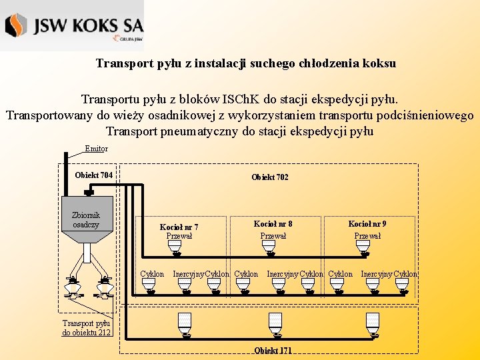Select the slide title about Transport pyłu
click(246, 64)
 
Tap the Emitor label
click(97, 149)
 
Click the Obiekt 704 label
click(93, 175)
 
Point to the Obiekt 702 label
click(270, 177)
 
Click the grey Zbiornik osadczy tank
click(87, 219)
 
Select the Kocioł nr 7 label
click(179, 227)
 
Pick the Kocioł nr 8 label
click(273, 224)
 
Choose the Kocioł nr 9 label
click(367, 224)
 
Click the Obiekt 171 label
click(273, 351)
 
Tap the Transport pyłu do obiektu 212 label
click(87, 327)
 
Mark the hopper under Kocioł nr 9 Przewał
click(363, 247)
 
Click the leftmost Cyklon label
click(152, 274)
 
